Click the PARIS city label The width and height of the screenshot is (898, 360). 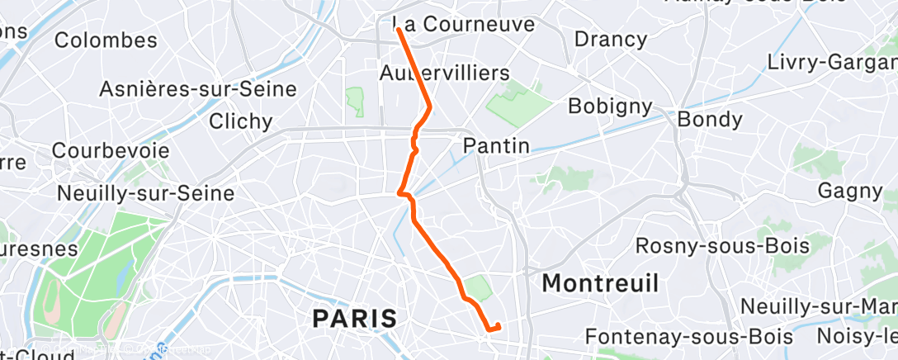355,317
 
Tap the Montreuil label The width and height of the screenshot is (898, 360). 600,284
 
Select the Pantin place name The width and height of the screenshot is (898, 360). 496,146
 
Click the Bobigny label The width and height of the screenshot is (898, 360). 610,107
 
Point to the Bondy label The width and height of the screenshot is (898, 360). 709,120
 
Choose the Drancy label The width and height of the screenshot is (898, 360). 610,39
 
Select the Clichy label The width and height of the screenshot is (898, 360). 240,121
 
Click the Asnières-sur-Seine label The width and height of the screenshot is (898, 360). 197,89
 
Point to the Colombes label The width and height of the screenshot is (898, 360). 106,40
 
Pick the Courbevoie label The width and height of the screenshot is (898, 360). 111,151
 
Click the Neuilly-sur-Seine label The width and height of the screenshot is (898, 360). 145,193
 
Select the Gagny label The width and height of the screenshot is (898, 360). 849,191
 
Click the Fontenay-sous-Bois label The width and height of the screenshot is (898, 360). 688,337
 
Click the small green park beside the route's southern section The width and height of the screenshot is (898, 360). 477,288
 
